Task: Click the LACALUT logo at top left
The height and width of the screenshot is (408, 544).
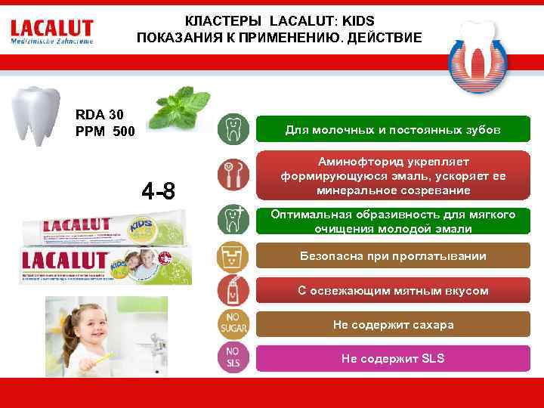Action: point(51,31)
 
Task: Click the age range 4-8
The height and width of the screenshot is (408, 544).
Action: point(159,192)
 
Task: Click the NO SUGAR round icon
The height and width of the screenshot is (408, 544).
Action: point(233,325)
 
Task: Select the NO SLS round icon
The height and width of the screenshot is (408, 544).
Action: point(233,357)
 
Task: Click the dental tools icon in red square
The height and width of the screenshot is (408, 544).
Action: point(233,175)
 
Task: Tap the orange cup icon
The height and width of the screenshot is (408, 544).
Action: point(233,257)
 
